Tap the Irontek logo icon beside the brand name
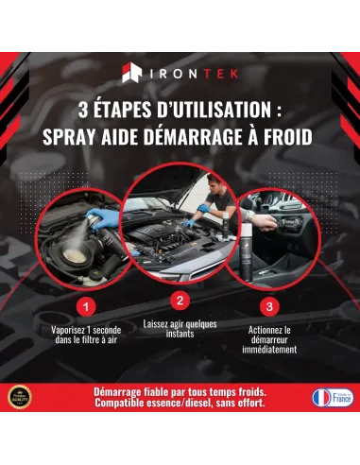(x=133, y=73)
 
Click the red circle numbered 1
(x=87, y=306)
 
